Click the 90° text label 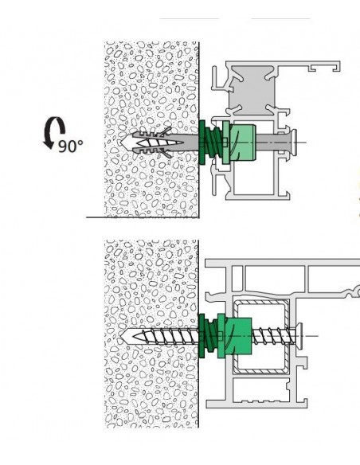coord(71,146)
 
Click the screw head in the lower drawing coord(299,336)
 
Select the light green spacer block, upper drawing coord(243,143)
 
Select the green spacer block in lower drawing coord(239,336)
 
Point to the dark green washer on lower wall coord(202,335)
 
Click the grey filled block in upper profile coord(252,91)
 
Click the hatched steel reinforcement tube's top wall coord(261,303)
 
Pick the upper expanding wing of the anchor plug coord(166,131)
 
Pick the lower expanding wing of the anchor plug coord(166,154)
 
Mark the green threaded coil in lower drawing coord(211,335)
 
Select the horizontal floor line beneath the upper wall coord(143,217)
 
